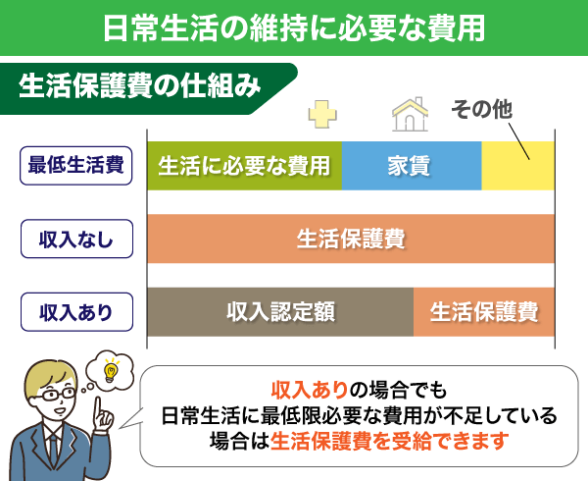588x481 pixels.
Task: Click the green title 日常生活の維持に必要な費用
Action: coord(294,27)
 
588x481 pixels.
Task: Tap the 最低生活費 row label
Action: coord(75,165)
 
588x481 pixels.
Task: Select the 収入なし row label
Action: coord(75,239)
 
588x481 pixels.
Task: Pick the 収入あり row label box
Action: coord(75,313)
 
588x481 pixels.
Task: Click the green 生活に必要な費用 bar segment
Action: coord(244,165)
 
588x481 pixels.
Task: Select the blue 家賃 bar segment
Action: coord(412,165)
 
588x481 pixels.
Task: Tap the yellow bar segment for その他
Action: coord(517,165)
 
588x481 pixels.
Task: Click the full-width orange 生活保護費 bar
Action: coord(351,239)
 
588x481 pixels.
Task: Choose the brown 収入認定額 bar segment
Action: coord(280,313)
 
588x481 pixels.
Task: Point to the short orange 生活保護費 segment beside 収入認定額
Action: coord(483,313)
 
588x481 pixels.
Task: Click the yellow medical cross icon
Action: coord(321,115)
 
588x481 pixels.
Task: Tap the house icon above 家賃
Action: coord(411,114)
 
